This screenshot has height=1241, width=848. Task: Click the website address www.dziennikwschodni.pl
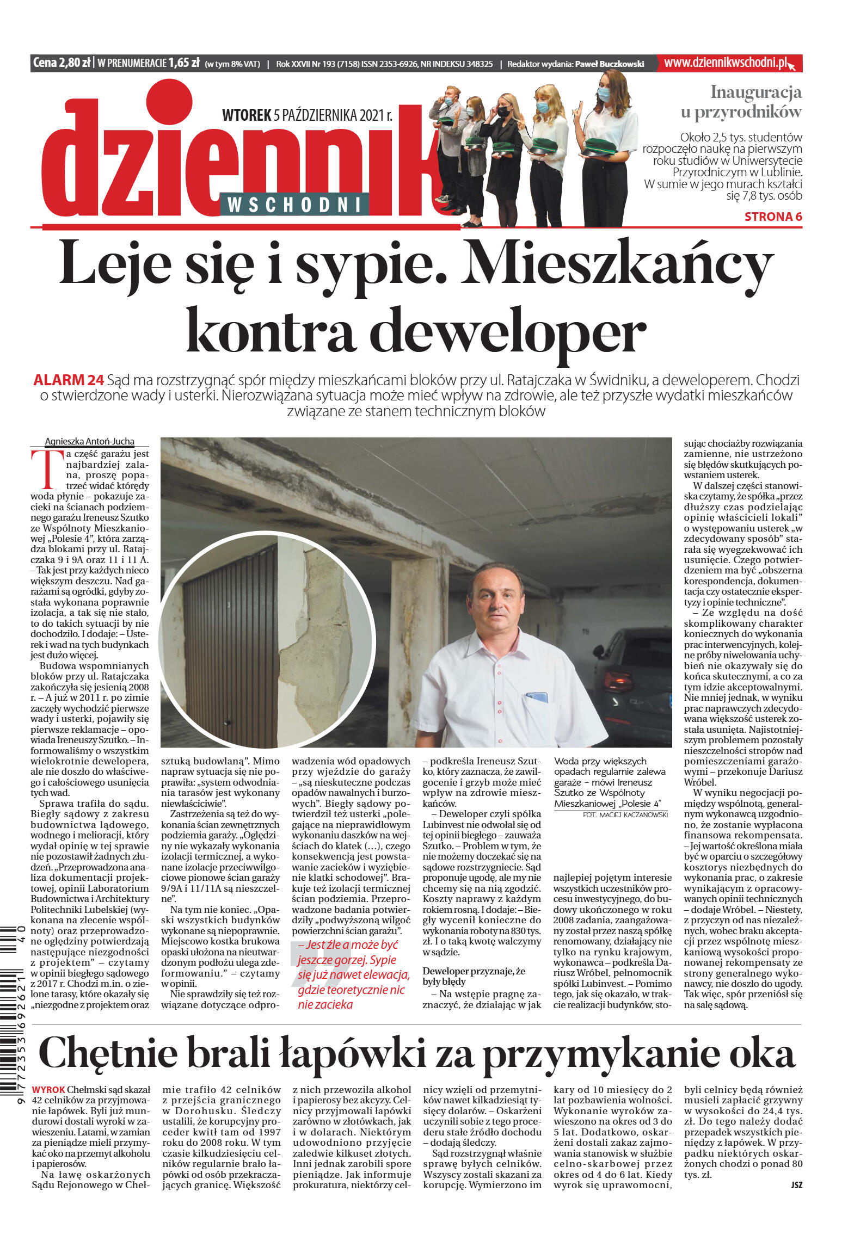[726, 63]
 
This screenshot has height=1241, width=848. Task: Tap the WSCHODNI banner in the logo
[294, 205]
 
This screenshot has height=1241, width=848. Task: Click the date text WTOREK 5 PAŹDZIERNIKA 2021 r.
[307, 115]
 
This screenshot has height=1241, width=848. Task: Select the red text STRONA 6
[773, 217]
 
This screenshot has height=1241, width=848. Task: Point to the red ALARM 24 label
[69, 380]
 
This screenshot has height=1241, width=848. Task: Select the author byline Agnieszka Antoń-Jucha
[89, 441]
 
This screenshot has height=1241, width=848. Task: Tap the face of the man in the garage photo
[496, 598]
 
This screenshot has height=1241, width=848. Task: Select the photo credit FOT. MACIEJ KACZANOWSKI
[625, 814]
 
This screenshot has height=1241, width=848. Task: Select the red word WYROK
[48, 1090]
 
